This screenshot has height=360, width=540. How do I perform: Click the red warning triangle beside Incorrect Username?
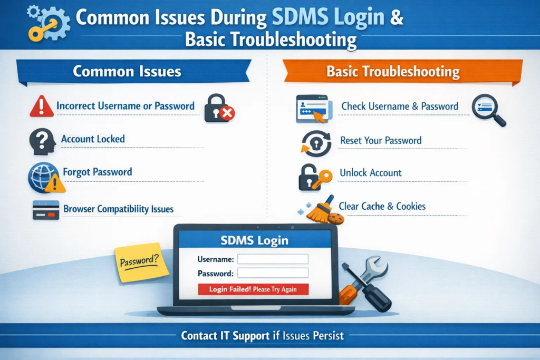click(42, 106)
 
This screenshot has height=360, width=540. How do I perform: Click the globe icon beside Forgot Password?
click(43, 177)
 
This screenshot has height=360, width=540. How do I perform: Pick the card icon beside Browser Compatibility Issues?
click(46, 210)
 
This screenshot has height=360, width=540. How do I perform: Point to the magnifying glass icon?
click(487, 109)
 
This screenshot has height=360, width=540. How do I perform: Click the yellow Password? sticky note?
click(141, 262)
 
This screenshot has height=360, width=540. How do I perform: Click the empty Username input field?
click(273, 259)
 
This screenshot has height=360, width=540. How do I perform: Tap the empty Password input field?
click(273, 273)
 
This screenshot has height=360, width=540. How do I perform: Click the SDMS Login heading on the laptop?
click(254, 240)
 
